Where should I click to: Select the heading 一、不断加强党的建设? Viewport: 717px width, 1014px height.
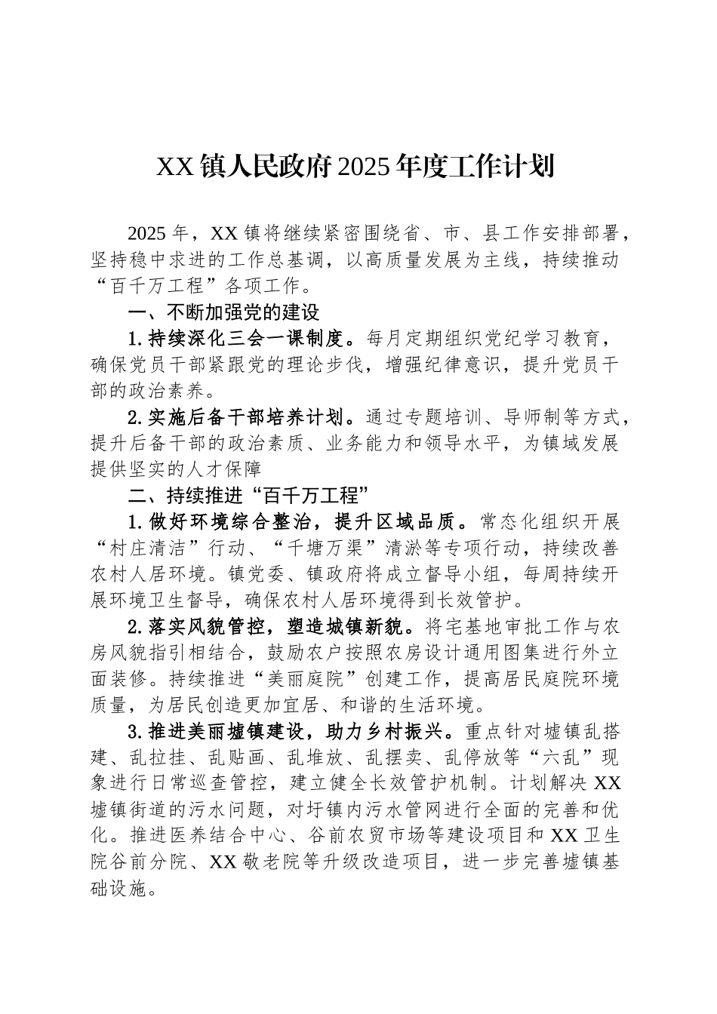click(224, 312)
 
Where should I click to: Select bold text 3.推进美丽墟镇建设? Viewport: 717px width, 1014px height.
click(217, 732)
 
